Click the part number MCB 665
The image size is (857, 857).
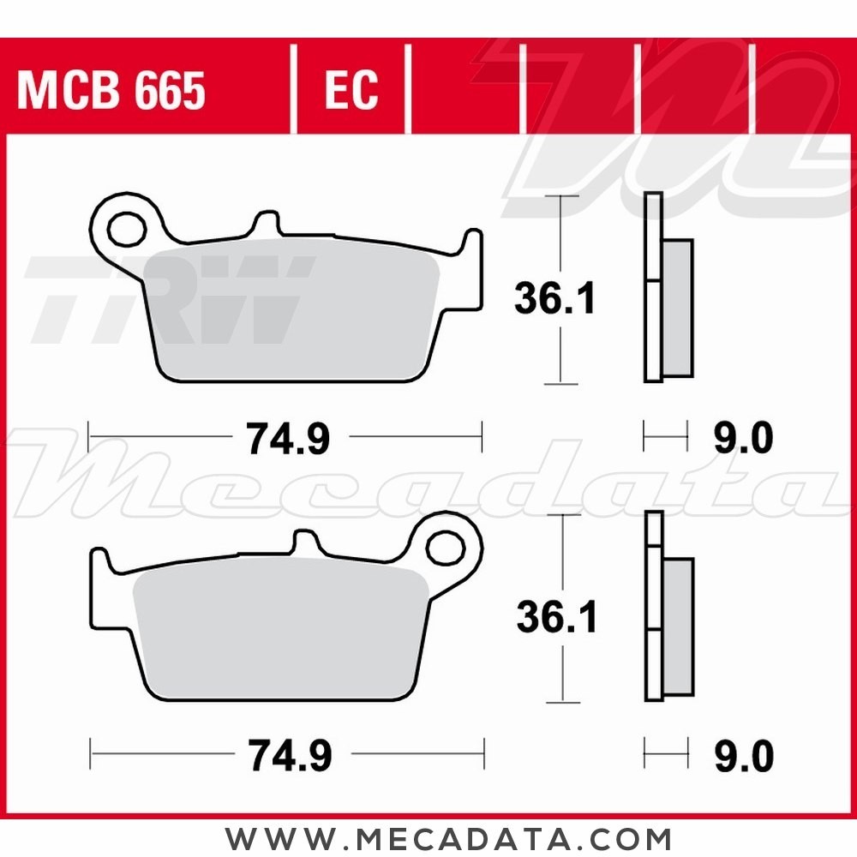(x=111, y=91)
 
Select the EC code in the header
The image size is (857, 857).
(x=351, y=91)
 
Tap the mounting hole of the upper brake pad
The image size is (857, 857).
(x=126, y=227)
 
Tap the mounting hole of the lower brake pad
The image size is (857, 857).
(x=444, y=546)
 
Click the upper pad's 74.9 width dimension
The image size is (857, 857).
(x=287, y=440)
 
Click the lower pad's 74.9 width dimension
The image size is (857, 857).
(x=289, y=756)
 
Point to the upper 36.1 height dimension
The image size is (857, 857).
(x=554, y=299)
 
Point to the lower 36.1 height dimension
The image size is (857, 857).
(x=556, y=616)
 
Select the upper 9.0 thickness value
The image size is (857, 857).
(x=743, y=440)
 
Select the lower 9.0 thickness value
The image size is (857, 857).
(x=743, y=756)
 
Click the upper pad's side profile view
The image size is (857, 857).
(x=667, y=291)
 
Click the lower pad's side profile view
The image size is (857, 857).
(x=667, y=608)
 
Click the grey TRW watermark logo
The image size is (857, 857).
(x=171, y=296)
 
